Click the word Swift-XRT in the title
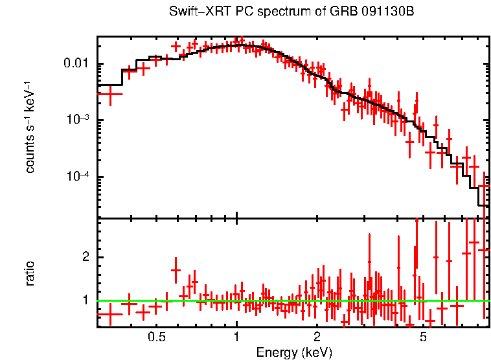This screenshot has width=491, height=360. (195, 12)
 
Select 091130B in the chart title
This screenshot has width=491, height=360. (369, 12)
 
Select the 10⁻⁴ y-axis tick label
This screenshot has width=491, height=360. (79, 177)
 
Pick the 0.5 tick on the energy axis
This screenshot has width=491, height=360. (157, 337)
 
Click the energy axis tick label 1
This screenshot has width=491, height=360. (236, 337)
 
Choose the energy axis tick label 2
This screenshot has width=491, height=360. (317, 337)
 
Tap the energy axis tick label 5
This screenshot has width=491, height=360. (422, 337)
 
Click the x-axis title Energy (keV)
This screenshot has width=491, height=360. (293, 352)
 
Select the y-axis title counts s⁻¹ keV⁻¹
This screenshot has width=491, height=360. (30, 127)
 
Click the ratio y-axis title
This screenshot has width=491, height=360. (30, 273)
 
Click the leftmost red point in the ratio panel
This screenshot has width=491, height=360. (110, 314)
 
